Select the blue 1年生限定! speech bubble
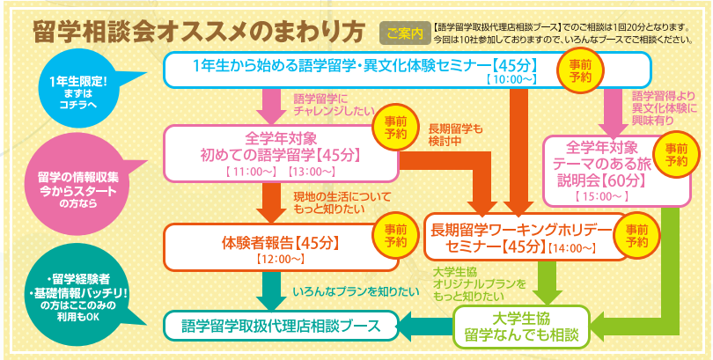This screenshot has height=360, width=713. coord(77,89)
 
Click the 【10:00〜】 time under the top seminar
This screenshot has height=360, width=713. coord(511,78)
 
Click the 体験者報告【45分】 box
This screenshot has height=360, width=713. coord(280,244)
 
